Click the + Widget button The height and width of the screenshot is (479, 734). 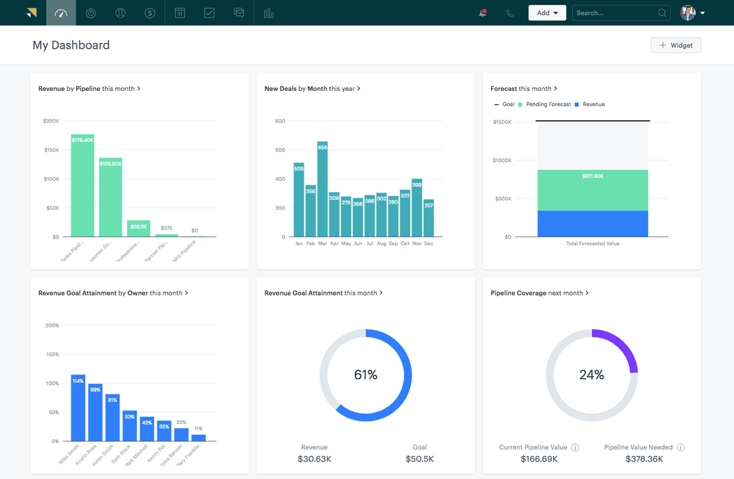click(676, 45)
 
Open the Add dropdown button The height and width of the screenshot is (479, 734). click(547, 13)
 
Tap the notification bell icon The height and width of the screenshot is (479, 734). click(483, 13)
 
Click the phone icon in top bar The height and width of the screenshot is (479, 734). click(510, 13)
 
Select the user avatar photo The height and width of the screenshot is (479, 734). click(688, 13)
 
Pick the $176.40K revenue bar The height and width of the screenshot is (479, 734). click(82, 185)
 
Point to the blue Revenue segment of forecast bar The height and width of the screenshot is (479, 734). click(593, 224)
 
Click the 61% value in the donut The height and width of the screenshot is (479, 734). click(366, 375)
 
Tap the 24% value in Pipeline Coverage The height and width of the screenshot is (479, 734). click(591, 375)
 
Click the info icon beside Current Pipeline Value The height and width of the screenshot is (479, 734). click(575, 448)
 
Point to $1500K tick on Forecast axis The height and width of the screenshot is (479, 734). click(502, 122)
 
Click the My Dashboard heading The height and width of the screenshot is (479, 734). click(71, 45)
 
